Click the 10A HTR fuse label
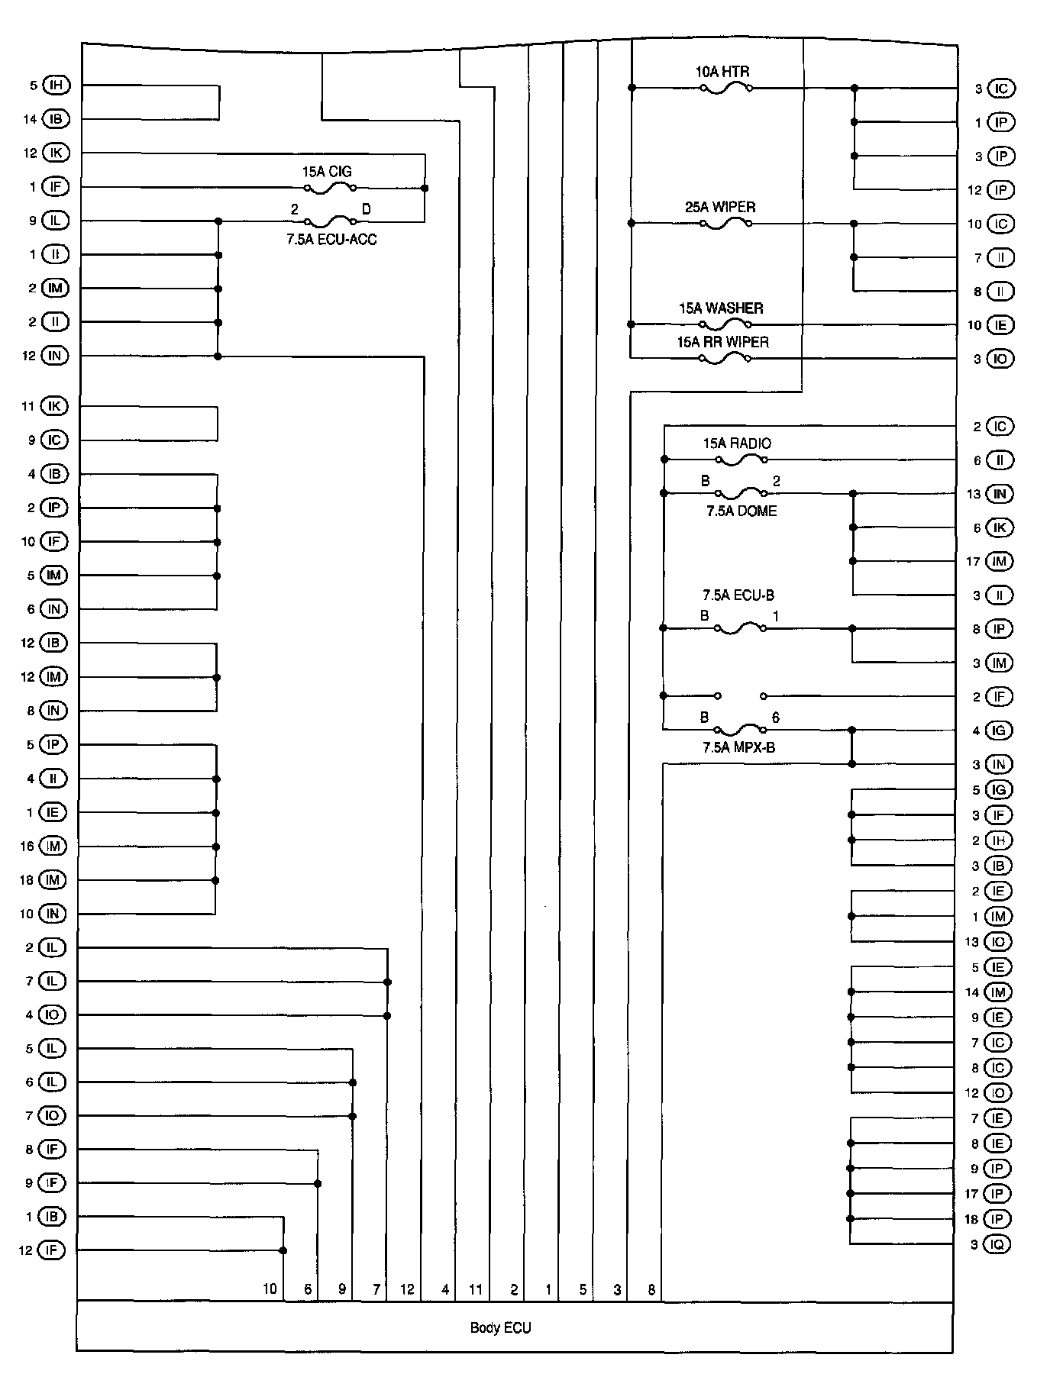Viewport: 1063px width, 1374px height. pyautogui.click(x=722, y=73)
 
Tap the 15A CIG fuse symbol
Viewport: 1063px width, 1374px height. pyautogui.click(x=330, y=188)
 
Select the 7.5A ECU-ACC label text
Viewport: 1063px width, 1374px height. pyautogui.click(x=331, y=239)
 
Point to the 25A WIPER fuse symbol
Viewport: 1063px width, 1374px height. pyautogui.click(x=725, y=224)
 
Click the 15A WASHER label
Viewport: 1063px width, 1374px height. pyautogui.click(x=721, y=308)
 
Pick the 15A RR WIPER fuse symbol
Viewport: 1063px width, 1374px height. pyautogui.click(x=725, y=359)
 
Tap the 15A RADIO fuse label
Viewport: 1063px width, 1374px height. pyautogui.click(x=737, y=443)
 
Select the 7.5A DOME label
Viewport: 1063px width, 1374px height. pyautogui.click(x=741, y=511)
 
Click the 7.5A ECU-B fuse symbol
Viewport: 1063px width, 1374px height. pyautogui.click(x=740, y=629)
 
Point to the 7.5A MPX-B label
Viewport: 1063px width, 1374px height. pyautogui.click(x=738, y=747)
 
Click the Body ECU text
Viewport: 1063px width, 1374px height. pyautogui.click(x=500, y=1327)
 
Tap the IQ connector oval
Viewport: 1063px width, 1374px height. pyautogui.click(x=997, y=1244)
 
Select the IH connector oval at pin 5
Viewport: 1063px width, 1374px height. pyautogui.click(x=57, y=85)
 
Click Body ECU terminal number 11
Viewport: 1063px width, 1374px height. pyautogui.click(x=476, y=1289)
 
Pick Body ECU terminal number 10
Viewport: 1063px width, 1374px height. pyautogui.click(x=270, y=1289)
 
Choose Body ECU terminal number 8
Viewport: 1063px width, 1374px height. pyautogui.click(x=651, y=1289)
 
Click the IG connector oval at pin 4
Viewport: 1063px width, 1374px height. pyautogui.click(x=999, y=731)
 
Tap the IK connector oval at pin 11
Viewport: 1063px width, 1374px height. pyautogui.click(x=54, y=406)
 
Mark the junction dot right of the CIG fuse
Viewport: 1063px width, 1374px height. pyautogui.click(x=425, y=188)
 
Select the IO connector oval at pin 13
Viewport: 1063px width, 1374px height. pyautogui.click(x=997, y=941)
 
